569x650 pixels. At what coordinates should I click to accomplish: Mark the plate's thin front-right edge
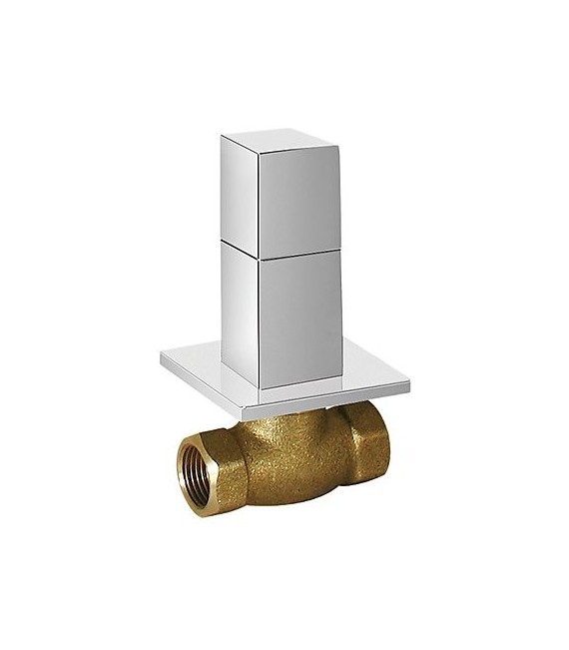pyautogui.click(x=335, y=397)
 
